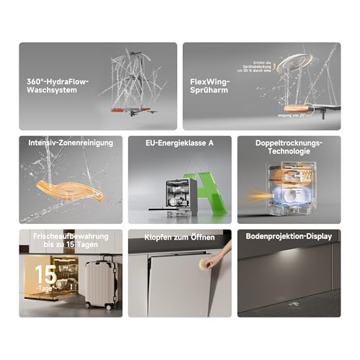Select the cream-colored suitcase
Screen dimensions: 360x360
point(102,284)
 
